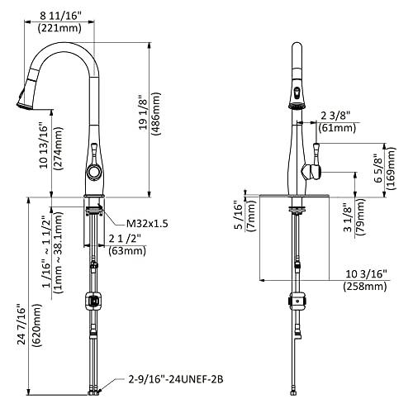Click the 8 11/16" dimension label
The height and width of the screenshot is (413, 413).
tap(61, 16)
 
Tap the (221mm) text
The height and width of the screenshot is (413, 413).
tap(59, 28)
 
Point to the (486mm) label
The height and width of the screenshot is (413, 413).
tap(155, 114)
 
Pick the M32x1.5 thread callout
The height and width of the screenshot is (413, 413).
tap(147, 223)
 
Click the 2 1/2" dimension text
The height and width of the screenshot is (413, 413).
tap(125, 239)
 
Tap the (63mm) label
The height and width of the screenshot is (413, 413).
tap(127, 250)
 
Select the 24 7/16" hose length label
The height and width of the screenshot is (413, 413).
tap(21, 324)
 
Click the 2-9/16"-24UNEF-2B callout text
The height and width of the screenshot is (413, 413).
tap(176, 380)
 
